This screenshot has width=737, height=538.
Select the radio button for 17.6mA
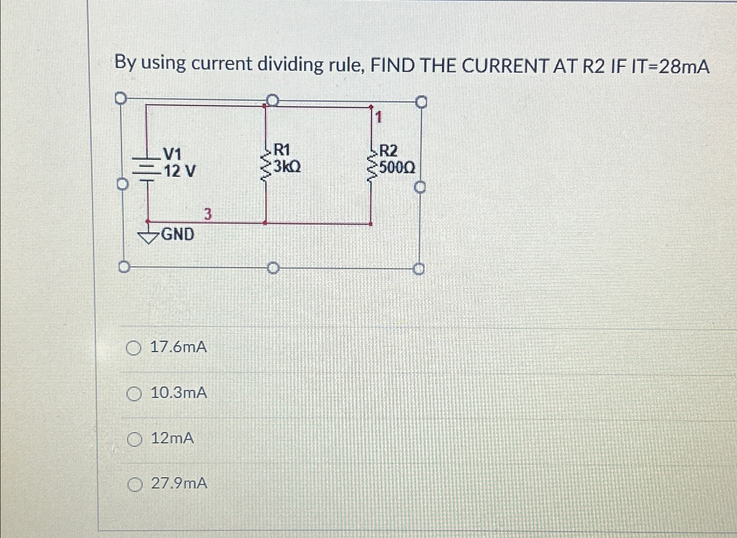[x=134, y=349]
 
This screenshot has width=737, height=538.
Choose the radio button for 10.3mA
[x=134, y=394]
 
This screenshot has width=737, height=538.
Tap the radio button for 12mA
[x=134, y=439]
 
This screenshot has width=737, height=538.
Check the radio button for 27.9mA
[x=135, y=485]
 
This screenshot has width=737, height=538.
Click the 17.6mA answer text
[x=178, y=348]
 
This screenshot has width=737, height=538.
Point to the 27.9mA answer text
[x=179, y=484]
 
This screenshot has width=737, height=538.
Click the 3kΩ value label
[x=287, y=167]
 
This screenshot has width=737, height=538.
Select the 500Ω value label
[x=397, y=167]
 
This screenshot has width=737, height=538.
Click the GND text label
[x=178, y=235]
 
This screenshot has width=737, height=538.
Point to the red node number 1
[x=379, y=117]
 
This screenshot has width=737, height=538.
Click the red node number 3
[x=208, y=215]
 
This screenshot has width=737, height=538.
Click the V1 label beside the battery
[x=172, y=154]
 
